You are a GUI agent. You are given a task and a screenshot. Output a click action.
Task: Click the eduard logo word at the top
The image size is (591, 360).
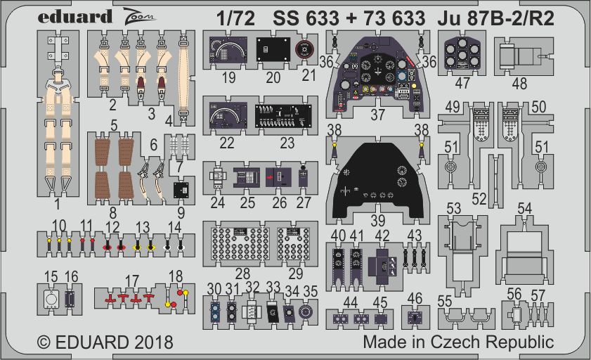(75, 17)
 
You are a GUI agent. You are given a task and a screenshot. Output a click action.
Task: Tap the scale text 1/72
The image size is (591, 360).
(236, 18)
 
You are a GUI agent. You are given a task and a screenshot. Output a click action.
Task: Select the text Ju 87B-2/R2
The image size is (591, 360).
(496, 18)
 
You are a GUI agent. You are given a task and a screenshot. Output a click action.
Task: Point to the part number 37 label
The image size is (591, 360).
(377, 114)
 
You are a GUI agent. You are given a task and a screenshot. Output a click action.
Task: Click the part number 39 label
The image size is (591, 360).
(377, 221)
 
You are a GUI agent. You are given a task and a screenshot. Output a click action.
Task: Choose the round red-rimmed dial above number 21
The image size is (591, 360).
(304, 49)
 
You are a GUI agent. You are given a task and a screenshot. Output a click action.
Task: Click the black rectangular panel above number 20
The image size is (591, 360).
(273, 49)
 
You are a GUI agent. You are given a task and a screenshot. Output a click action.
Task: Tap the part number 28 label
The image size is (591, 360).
(242, 273)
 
